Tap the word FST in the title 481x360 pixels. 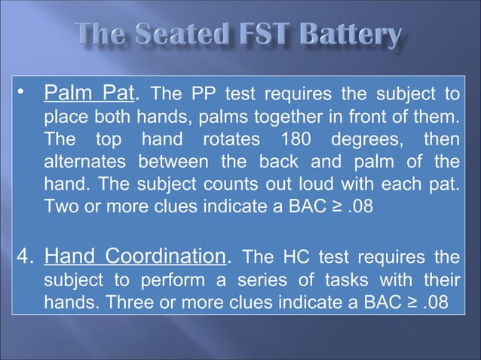click(x=257, y=35)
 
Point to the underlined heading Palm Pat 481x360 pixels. click(x=90, y=96)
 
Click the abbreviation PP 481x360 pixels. click(x=204, y=96)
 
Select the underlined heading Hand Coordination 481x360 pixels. click(x=136, y=257)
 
